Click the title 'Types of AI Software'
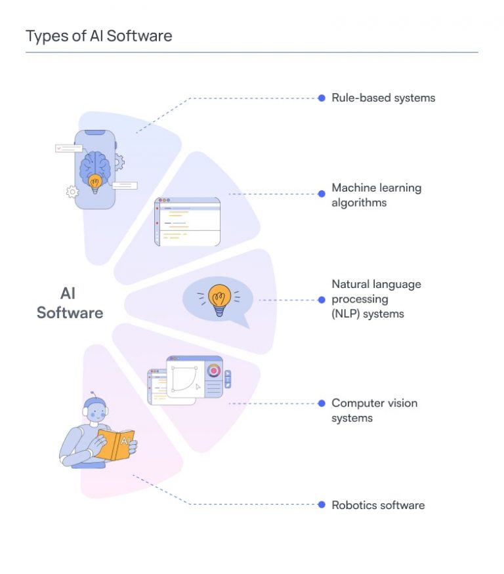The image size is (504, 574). click(99, 35)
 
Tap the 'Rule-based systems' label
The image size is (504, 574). click(383, 98)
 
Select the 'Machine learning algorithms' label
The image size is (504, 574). click(376, 195)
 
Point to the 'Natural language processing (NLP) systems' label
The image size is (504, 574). click(376, 299)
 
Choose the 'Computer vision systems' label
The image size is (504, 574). click(374, 410)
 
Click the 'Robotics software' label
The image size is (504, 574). click(378, 505)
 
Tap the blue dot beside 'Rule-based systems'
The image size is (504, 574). click(322, 98)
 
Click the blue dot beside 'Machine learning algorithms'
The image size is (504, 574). click(322, 194)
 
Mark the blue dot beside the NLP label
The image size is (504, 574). click(322, 300)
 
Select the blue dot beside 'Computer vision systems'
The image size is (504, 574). click(322, 403)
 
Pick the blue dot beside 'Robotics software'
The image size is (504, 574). click(322, 504)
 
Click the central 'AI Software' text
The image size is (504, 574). click(70, 303)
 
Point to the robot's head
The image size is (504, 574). click(97, 411)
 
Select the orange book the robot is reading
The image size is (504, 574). click(116, 444)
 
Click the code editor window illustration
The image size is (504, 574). click(187, 221)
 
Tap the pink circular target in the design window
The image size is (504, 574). click(213, 370)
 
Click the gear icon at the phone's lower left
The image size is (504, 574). click(72, 192)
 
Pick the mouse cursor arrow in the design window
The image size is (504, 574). click(198, 386)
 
